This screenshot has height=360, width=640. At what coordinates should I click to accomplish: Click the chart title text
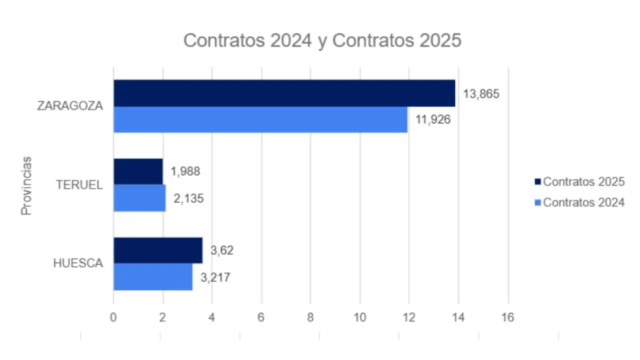tap(322, 40)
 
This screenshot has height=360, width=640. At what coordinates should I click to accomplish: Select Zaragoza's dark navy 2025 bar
tap(284, 93)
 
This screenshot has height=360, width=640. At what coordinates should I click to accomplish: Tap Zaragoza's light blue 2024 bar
tap(260, 119)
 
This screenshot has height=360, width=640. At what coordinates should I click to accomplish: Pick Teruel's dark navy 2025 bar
tap(138, 171)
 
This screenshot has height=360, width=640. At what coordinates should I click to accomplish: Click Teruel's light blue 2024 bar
tap(139, 198)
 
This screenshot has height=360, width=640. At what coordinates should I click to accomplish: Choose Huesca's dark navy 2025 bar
tap(158, 250)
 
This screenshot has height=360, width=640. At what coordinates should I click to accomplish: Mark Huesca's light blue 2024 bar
tap(153, 276)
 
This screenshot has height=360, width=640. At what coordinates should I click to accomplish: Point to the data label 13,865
tap(481, 93)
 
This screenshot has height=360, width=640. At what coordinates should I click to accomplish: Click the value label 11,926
tap(433, 120)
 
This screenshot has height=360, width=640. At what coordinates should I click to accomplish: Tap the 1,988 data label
tap(185, 171)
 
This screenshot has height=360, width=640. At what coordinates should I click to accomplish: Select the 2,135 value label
tap(189, 198)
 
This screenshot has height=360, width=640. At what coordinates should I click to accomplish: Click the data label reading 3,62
tap(222, 250)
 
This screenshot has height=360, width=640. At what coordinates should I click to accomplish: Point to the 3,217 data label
tap(215, 277)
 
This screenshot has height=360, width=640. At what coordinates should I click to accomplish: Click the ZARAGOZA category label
tap(70, 106)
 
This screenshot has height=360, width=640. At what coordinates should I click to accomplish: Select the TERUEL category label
tap(79, 185)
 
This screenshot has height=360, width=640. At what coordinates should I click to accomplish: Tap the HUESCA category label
tap(78, 263)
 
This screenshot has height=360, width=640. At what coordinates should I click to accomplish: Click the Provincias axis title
tap(26, 185)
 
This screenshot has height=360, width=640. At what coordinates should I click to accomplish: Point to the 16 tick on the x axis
tap(508, 317)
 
